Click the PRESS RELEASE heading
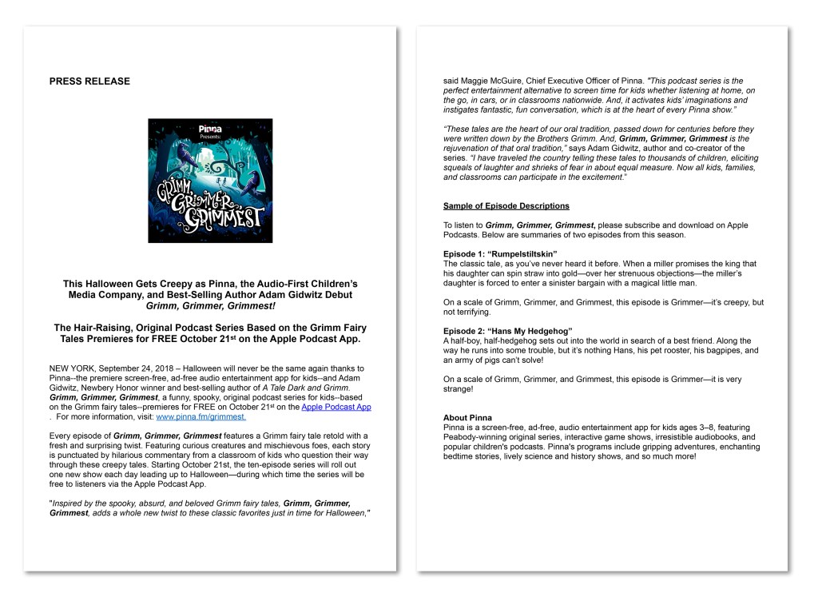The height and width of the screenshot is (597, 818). click(x=89, y=81)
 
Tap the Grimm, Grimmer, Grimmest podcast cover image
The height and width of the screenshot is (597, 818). click(x=210, y=181)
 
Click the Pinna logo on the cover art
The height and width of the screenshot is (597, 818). click(x=210, y=128)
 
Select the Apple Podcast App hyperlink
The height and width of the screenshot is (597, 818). click(x=336, y=407)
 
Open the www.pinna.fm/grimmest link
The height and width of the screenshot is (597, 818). click(x=201, y=416)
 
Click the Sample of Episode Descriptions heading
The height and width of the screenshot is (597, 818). click(x=506, y=206)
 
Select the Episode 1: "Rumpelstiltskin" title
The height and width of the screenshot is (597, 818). click(x=500, y=253)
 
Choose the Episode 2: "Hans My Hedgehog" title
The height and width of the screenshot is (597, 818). click(x=508, y=331)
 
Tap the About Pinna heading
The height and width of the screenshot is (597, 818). click(x=468, y=418)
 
